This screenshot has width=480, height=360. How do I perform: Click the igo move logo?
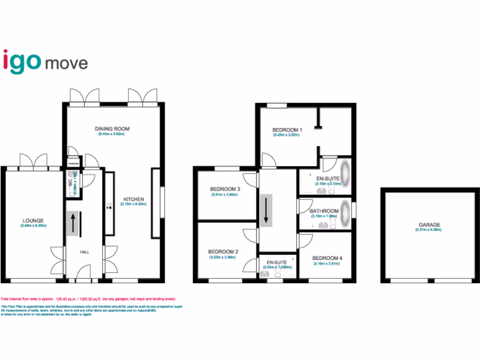[x=45, y=61]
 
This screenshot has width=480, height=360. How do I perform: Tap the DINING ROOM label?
[x=112, y=129]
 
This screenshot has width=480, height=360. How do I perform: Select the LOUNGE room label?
[x=33, y=220]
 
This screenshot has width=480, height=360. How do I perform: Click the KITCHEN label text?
[x=133, y=199]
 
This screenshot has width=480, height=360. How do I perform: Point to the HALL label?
[x=84, y=252]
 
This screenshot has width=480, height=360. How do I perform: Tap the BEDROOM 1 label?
[x=287, y=129]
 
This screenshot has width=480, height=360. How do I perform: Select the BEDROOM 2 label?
[x=223, y=252]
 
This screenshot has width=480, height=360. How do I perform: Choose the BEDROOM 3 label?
[x=225, y=189]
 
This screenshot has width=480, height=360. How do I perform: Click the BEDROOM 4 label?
[x=327, y=258]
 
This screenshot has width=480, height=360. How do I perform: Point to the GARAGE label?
[x=429, y=225]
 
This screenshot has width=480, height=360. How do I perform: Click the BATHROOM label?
[x=324, y=211]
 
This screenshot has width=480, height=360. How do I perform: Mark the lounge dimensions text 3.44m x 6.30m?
[x=33, y=226]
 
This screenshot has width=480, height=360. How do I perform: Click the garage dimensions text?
[x=429, y=231]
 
